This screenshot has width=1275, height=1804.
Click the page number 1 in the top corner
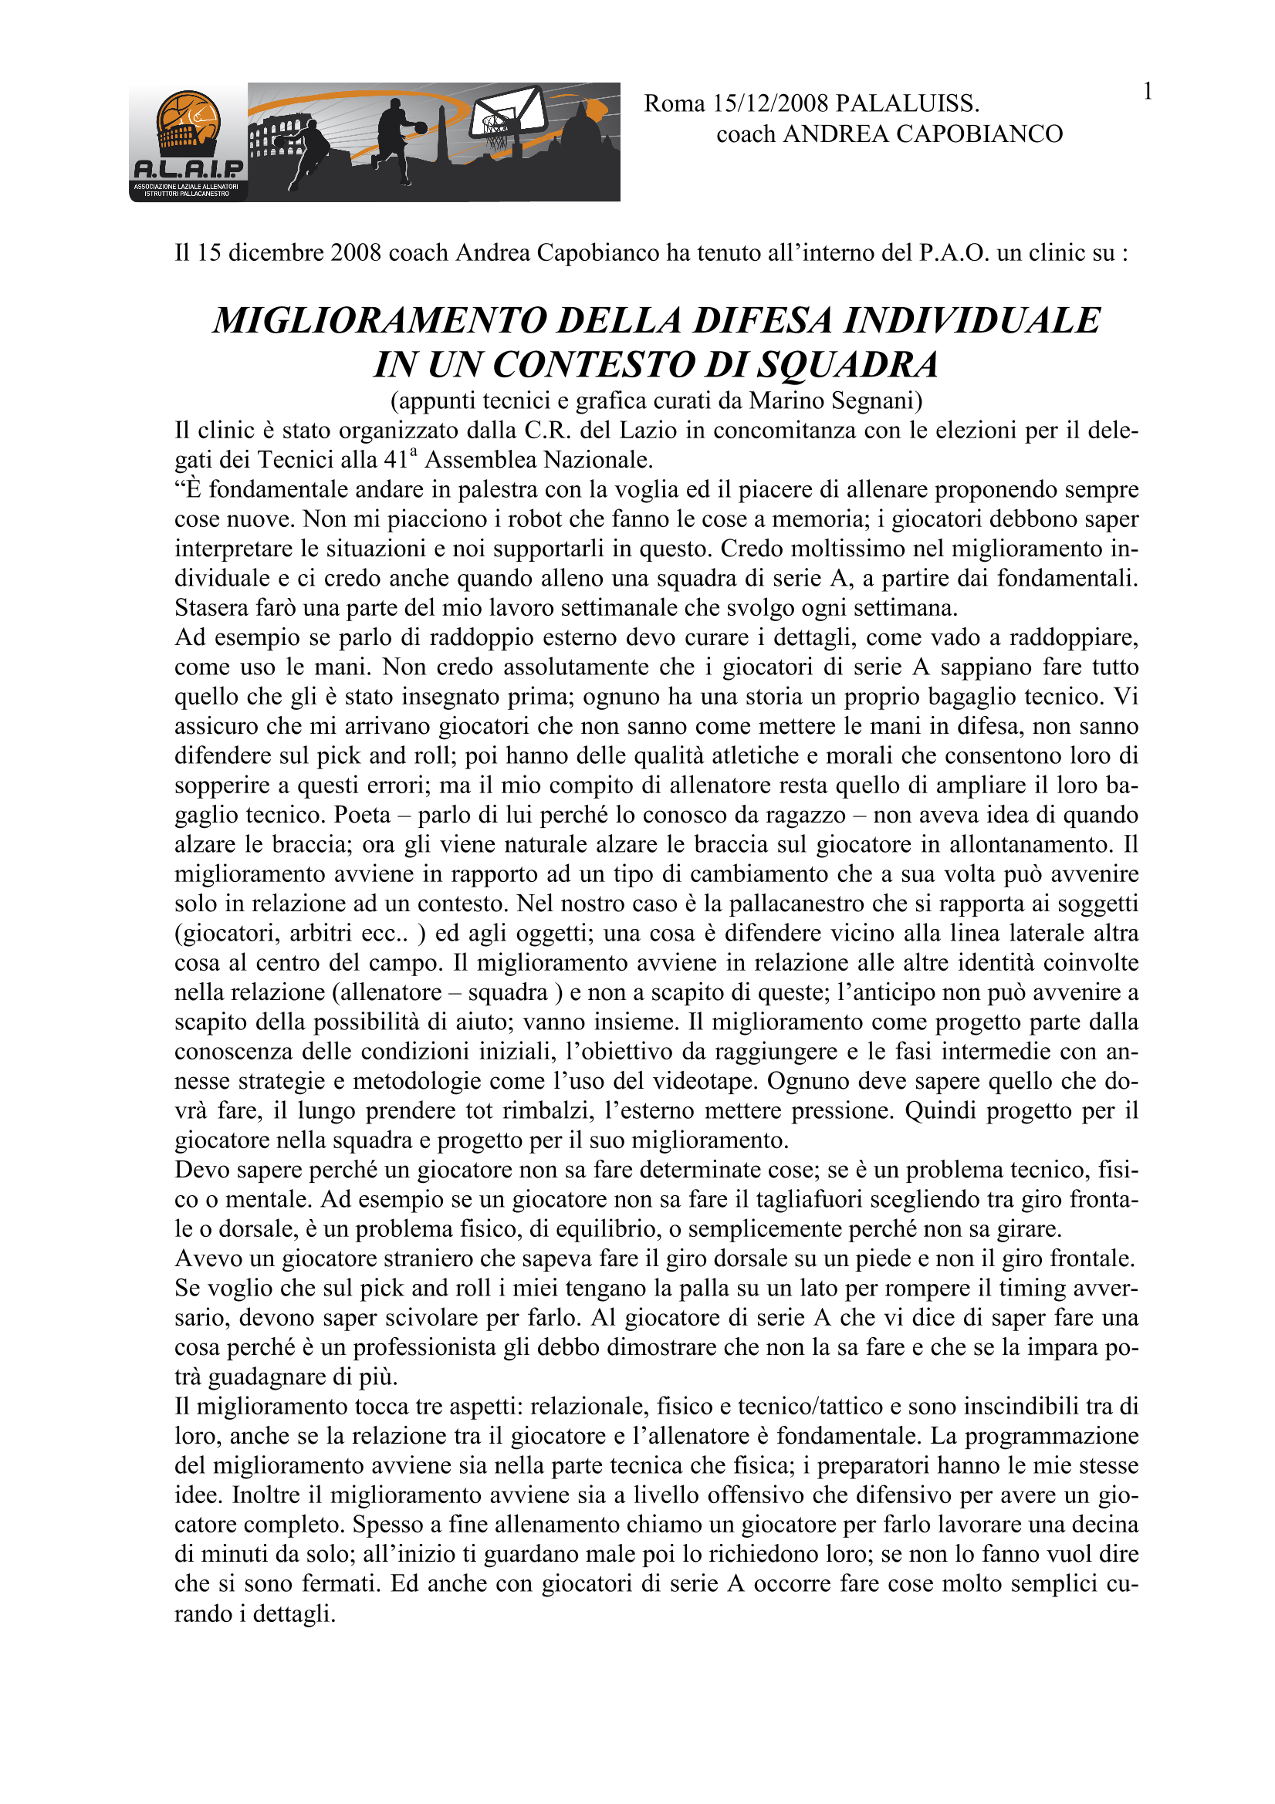1148,93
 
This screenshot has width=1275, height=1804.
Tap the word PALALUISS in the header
905,103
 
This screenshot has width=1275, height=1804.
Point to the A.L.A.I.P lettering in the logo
188,169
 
